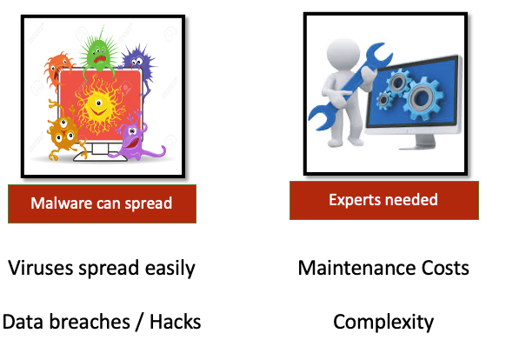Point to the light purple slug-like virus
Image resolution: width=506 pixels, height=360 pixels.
tap(136, 139)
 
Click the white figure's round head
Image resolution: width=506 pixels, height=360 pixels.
tap(343, 54)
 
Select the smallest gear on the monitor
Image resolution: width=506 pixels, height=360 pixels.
tap(383, 100)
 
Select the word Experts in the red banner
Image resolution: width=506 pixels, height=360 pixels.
tap(356, 200)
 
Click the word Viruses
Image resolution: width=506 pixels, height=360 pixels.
tap(40, 268)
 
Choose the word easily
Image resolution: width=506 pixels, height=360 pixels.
tap(170, 269)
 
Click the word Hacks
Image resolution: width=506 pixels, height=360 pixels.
tap(176, 323)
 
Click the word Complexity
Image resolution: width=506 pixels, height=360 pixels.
tap(383, 323)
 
